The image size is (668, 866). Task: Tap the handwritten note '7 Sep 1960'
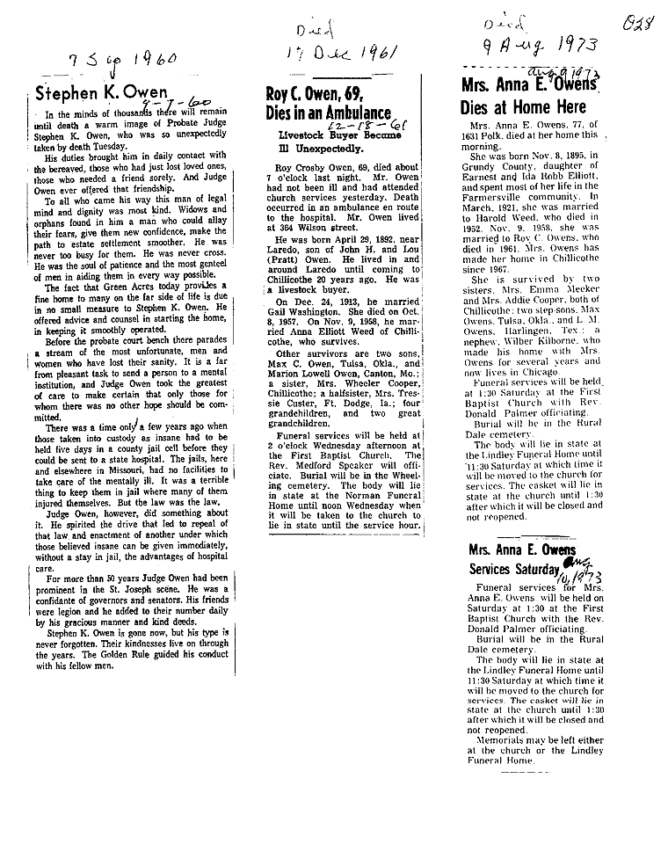pyautogui.click(x=123, y=62)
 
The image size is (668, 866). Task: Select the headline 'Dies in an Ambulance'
pyautogui.click(x=328, y=113)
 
